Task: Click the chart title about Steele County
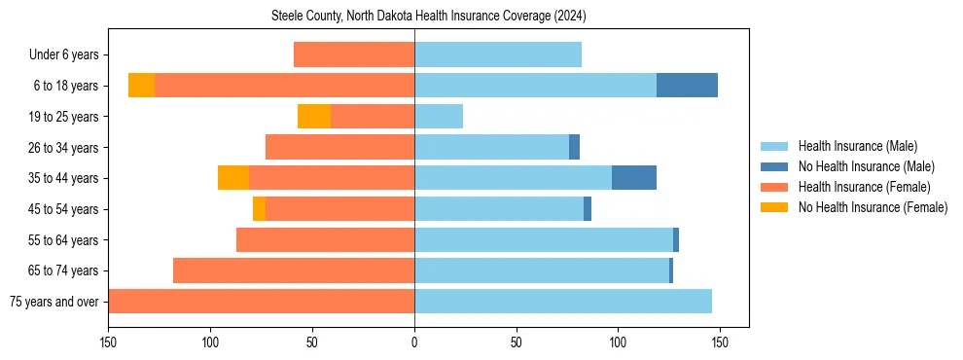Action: click(x=428, y=17)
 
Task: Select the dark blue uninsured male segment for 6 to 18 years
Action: click(x=687, y=86)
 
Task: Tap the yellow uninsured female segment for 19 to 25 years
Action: click(x=314, y=117)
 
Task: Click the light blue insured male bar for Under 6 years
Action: click(x=498, y=55)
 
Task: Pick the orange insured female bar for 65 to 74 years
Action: click(x=294, y=270)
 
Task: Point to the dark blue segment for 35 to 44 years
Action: click(x=634, y=178)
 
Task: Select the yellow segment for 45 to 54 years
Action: click(x=259, y=209)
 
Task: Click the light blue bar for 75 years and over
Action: click(x=563, y=302)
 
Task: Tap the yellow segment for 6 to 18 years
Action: click(x=141, y=86)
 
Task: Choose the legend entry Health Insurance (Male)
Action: click(x=857, y=146)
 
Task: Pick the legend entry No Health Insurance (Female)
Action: click(x=873, y=207)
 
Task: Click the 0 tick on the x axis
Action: click(x=414, y=342)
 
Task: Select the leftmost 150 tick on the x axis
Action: click(x=108, y=342)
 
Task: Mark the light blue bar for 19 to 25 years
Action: click(x=439, y=117)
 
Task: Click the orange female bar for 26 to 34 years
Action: click(x=339, y=148)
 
